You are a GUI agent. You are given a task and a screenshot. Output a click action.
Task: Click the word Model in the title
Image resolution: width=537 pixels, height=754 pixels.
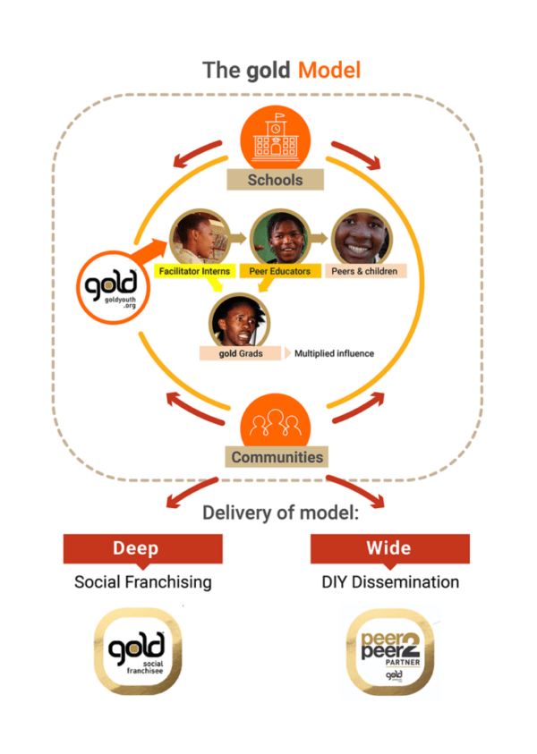click(x=329, y=70)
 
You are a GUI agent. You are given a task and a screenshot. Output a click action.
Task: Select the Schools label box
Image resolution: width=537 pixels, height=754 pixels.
click(x=276, y=179)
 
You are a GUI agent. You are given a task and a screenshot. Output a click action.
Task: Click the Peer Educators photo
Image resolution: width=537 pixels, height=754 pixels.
click(x=275, y=235)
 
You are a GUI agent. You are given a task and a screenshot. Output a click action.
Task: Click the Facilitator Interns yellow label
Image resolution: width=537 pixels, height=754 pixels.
click(x=194, y=271)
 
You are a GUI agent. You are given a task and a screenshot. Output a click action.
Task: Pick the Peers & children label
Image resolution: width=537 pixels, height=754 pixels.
click(x=365, y=271)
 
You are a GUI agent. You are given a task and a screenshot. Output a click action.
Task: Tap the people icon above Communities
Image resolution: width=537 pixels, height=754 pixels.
click(x=276, y=420)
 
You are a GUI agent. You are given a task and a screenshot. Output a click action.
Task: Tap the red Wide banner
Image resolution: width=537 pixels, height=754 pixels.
click(x=389, y=548)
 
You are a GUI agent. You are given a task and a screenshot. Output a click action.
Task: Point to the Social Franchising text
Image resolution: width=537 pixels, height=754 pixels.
click(x=143, y=582)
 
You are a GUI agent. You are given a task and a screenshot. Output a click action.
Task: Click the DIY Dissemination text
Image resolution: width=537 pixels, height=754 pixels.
click(x=390, y=582)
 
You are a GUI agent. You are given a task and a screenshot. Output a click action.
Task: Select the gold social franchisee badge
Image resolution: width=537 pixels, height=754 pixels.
click(x=138, y=652)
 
